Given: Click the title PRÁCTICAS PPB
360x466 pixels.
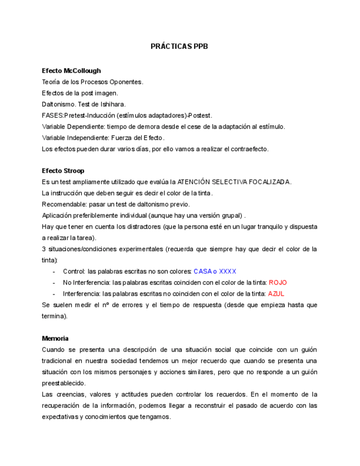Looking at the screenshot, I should pyautogui.click(x=179, y=47).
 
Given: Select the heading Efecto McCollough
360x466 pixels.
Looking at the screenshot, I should pyautogui.click(x=71, y=71).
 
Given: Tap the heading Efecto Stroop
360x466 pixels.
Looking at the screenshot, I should pyautogui.click(x=63, y=171).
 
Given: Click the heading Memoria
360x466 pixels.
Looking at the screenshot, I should pyautogui.click(x=55, y=339).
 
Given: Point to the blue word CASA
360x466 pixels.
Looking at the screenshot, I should pyautogui.click(x=202, y=271).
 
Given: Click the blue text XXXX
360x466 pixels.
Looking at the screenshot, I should pyautogui.click(x=227, y=271).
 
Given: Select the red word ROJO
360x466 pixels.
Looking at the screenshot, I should pyautogui.click(x=278, y=282).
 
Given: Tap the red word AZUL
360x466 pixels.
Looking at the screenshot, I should pyautogui.click(x=276, y=294).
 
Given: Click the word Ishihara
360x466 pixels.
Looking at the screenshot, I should pyautogui.click(x=113, y=104).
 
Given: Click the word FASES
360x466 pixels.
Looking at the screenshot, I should pyautogui.click(x=53, y=115).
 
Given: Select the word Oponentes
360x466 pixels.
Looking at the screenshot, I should pyautogui.click(x=126, y=82).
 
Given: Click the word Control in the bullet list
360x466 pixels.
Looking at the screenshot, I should pyautogui.click(x=74, y=271).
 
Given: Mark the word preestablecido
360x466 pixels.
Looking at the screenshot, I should pyautogui.click(x=63, y=384).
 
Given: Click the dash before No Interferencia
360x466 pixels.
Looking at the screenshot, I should pyautogui.click(x=54, y=282).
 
